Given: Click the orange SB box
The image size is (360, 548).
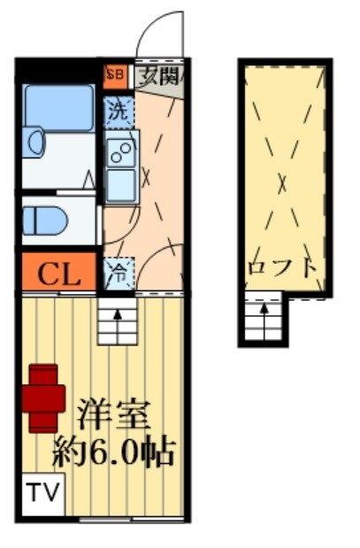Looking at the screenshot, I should pos(114,75).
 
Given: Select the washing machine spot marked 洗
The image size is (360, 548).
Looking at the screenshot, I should pos(117,111).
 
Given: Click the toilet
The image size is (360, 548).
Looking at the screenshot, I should pos(44,220).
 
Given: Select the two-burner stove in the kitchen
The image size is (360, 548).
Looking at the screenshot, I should pos(120,151).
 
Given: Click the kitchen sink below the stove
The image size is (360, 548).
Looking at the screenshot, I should pos(120,182).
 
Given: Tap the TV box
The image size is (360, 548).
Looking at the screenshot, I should pos(41,491).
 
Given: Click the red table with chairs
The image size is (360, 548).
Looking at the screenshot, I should pos(45,397).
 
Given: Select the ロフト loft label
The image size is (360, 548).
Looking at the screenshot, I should pos(282,267).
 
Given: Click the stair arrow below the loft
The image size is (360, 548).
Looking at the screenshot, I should pos(262,321).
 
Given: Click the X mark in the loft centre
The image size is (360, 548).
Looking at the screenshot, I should pos(282,183).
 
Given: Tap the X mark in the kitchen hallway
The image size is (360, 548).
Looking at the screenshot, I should pos(146,175).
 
